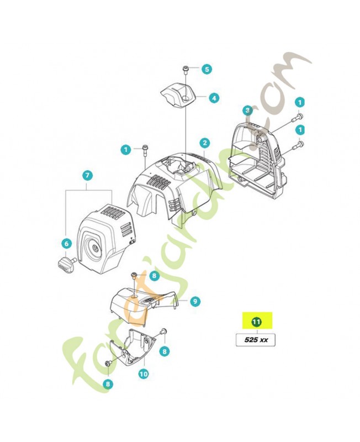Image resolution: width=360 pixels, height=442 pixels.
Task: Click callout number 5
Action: click(x=206, y=69)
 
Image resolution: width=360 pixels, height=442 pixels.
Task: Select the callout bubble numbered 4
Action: click(x=213, y=98)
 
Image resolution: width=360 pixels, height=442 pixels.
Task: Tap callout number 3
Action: click(x=248, y=111)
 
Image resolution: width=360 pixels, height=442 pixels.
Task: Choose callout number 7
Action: click(x=87, y=175)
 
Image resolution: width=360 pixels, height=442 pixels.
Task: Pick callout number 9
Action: click(x=195, y=301)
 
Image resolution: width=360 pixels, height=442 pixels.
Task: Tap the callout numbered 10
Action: click(x=144, y=373)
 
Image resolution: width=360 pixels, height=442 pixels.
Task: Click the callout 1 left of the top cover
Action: click(x=126, y=149)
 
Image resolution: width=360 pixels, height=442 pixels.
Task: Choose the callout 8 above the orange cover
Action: click(x=154, y=275)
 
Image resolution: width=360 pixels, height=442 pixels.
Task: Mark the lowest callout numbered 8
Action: click(x=107, y=382)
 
